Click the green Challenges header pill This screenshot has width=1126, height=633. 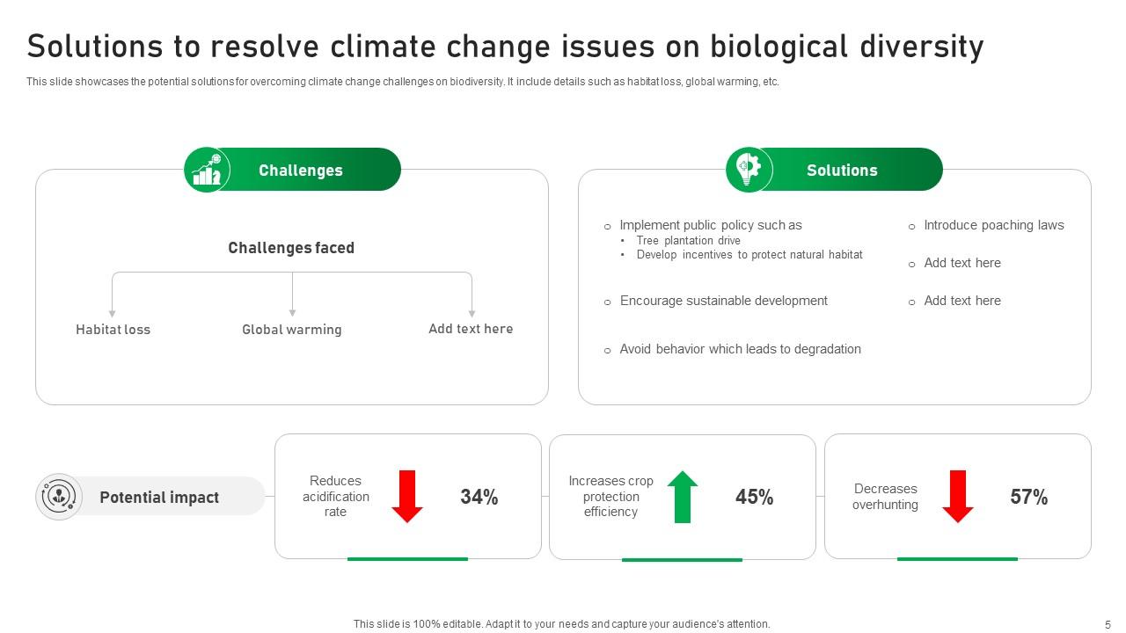(x=301, y=171)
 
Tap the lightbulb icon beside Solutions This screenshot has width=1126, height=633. (x=749, y=169)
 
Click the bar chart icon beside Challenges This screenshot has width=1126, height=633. (x=207, y=170)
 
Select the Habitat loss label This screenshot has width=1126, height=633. (x=113, y=330)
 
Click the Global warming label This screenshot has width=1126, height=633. (x=292, y=330)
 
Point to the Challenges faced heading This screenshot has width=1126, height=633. (x=291, y=248)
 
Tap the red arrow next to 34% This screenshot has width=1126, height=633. (x=407, y=497)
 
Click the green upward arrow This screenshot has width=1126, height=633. (x=683, y=497)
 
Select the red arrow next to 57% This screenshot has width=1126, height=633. (x=958, y=497)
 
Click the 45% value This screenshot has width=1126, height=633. (x=754, y=498)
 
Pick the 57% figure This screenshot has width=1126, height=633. (x=1028, y=498)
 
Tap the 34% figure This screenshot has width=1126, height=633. (x=479, y=498)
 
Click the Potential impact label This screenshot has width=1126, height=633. (x=159, y=498)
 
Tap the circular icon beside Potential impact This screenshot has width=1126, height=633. (x=59, y=497)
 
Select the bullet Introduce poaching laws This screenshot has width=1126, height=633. (x=993, y=225)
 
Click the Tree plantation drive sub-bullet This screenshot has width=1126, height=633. (x=688, y=241)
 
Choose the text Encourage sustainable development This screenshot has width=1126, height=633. (x=723, y=301)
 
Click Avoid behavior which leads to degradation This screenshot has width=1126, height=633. (x=740, y=349)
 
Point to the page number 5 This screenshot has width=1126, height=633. (x=1108, y=624)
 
